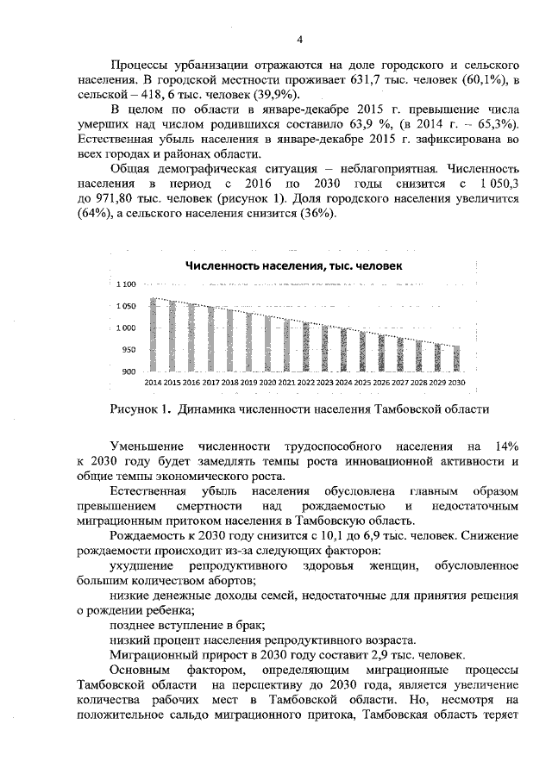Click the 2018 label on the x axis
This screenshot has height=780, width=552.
click(229, 382)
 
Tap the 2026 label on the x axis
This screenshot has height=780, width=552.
click(381, 382)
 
